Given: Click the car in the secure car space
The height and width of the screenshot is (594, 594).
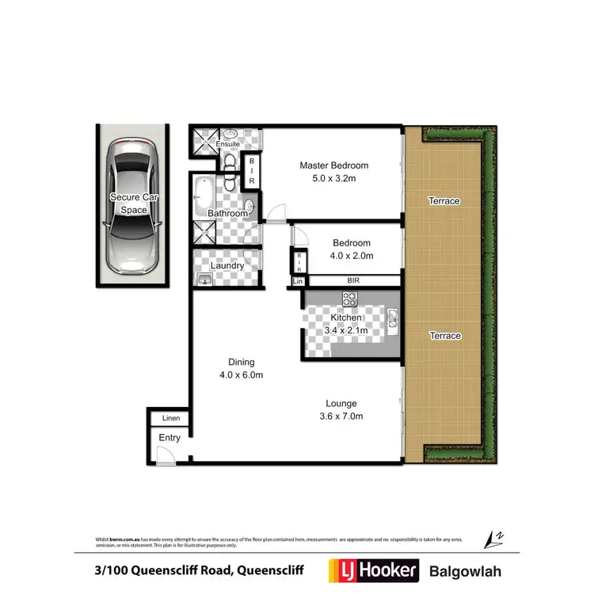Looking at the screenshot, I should pos(132,204).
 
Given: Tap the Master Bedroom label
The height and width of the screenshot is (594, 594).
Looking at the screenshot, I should pos(333,166).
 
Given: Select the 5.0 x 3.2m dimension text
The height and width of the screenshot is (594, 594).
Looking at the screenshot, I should pos(333,179).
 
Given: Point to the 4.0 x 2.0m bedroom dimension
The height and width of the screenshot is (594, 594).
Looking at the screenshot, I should pos(352,256).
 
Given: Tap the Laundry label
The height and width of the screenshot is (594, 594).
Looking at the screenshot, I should pos(227,266).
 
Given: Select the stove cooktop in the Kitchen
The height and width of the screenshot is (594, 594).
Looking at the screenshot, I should pos(348,299).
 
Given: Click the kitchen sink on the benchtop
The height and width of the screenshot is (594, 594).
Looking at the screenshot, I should pos(392,318).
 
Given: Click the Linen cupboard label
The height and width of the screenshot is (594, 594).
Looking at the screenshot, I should pos(171,418).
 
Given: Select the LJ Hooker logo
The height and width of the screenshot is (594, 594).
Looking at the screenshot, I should pos(372,569).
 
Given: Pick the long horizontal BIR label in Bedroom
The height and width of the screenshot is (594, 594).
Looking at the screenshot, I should pos(353,280).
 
